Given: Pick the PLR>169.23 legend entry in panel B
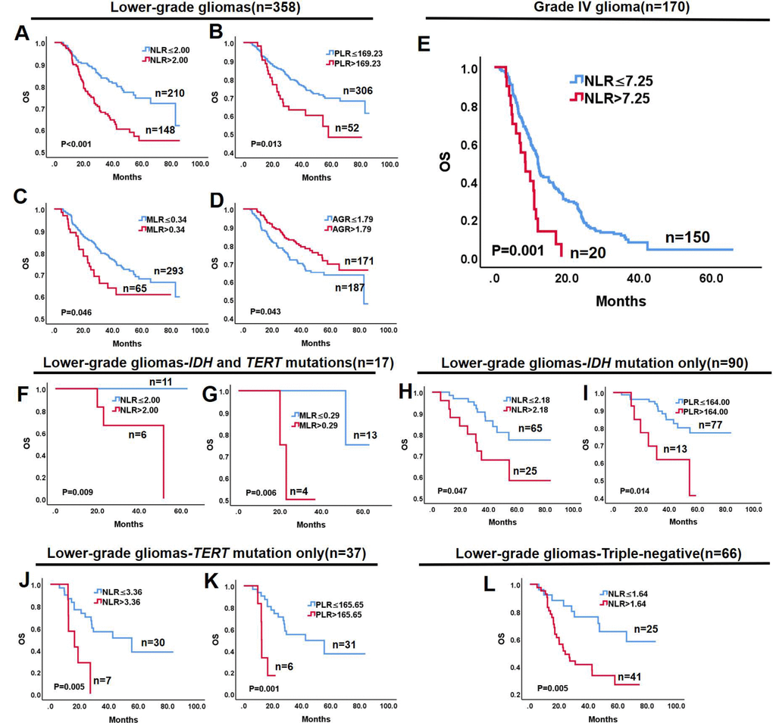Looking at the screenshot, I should tap(352, 63).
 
